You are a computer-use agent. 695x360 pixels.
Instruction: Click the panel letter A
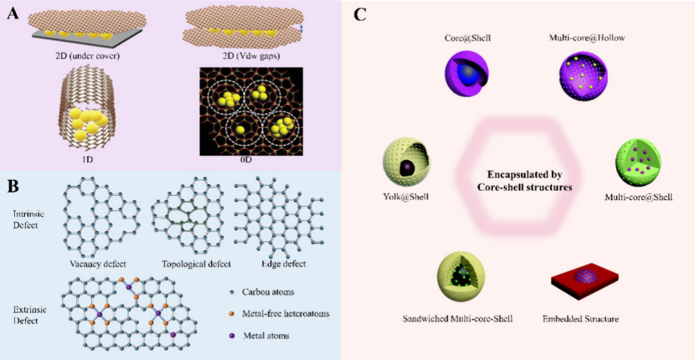[x=12, y=13]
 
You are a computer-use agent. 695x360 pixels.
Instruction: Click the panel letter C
[x=359, y=14]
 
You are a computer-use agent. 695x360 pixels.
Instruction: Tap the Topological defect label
[x=198, y=264]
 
